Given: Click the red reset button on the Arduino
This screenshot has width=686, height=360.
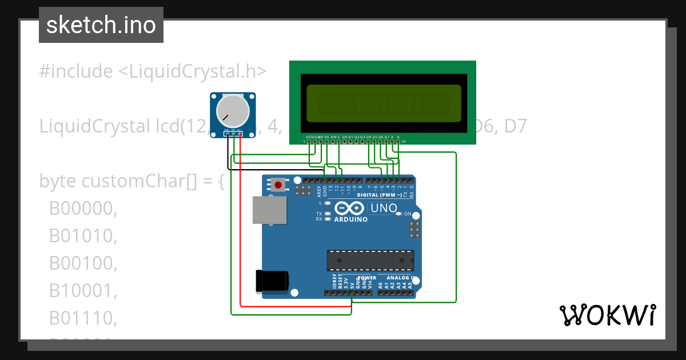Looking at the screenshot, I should tap(278, 185).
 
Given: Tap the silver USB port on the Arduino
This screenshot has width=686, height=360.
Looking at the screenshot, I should tap(270, 210).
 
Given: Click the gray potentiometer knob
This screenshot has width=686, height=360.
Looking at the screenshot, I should tap(233, 112).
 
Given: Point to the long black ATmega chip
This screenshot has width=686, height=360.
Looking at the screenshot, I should tap(370, 260).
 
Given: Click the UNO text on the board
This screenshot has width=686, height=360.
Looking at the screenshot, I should tap(384, 208).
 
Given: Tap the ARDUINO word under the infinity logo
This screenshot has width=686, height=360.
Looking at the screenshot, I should tap(351, 219).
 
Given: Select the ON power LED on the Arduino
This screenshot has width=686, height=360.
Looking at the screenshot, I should tap(408, 214).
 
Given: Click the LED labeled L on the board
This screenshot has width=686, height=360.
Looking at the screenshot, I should tap(327, 203).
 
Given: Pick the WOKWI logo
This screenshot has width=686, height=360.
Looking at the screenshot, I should tap(607, 315).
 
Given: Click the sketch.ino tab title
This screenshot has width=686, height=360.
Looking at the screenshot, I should tap(101, 25).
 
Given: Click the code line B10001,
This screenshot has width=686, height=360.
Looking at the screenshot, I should tap(83, 291).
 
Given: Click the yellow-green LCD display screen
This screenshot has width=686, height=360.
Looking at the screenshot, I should tap(384, 103).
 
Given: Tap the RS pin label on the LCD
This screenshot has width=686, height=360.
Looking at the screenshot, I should tap(326, 137).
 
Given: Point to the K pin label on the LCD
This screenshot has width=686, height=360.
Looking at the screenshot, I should tap(398, 137).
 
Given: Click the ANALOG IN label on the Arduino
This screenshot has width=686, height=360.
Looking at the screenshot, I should tap(398, 278).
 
